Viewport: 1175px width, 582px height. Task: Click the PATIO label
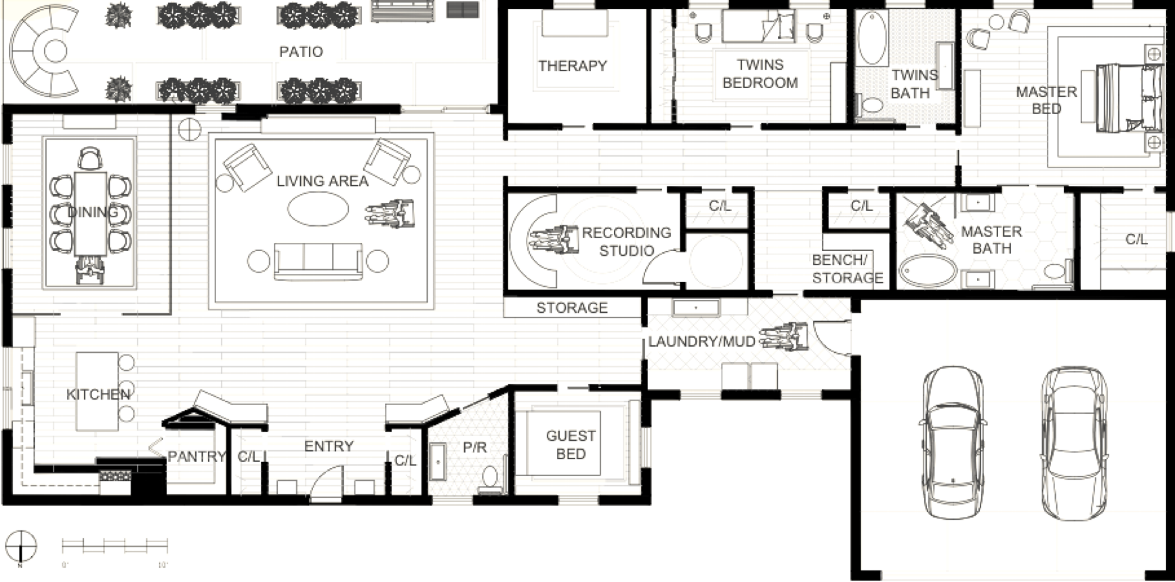point(301,52)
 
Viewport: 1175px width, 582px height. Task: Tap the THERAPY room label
point(573,66)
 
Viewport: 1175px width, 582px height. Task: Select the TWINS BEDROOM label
point(760,74)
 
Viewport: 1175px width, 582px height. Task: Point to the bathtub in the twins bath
point(873,40)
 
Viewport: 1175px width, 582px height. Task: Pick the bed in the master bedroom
point(1121,98)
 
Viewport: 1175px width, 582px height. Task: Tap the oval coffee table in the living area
point(318,210)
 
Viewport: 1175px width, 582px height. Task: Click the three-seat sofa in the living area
point(318,261)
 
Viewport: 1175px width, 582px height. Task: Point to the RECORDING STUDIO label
point(626,241)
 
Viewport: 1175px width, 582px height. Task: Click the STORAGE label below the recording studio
point(572,308)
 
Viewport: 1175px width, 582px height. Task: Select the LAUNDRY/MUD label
point(701,341)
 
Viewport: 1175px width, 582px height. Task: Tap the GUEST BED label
point(571,445)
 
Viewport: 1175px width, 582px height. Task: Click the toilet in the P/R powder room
point(489,477)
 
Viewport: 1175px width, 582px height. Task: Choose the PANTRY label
point(197,457)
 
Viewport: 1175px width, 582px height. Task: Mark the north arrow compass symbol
point(21,547)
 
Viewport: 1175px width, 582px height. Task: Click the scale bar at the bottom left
point(115,545)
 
